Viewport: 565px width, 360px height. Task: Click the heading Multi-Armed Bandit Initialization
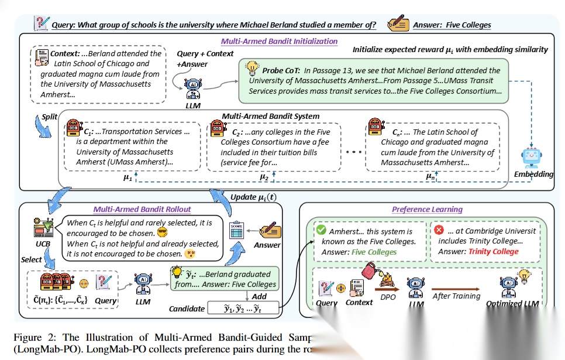point(279,41)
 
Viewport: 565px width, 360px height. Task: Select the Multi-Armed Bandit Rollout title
point(142,209)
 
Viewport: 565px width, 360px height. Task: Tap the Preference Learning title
point(427,209)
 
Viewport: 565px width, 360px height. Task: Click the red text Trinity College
point(493,252)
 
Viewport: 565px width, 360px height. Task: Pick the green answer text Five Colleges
point(374,252)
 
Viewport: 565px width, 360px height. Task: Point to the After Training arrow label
point(457,296)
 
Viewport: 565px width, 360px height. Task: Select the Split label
point(50,116)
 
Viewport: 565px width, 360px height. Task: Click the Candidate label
point(187,308)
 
